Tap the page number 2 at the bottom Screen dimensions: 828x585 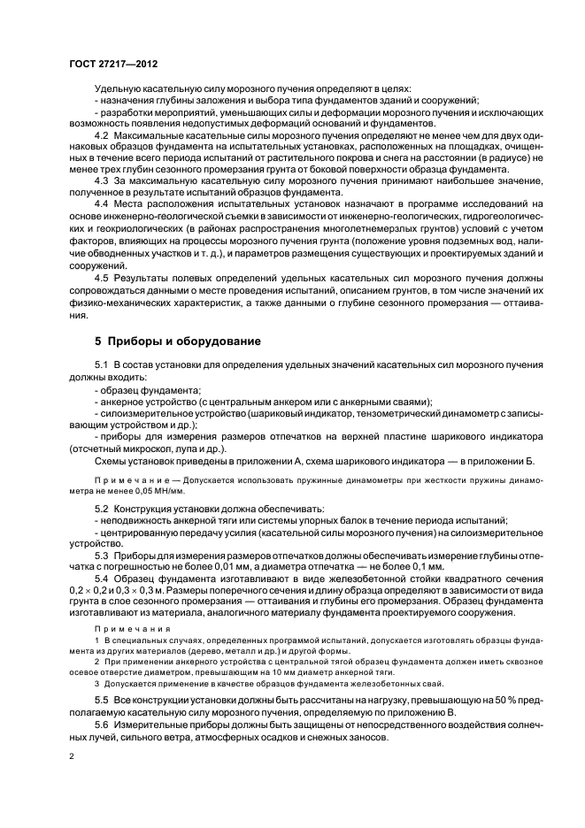73,757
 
